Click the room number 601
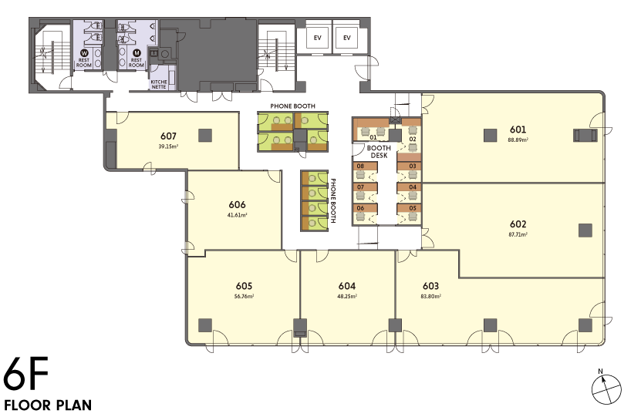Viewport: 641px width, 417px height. point(518,129)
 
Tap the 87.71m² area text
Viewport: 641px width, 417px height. point(518,234)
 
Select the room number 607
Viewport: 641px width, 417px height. point(168,136)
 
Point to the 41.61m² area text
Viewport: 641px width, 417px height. point(237,215)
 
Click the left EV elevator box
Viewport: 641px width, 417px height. point(318,38)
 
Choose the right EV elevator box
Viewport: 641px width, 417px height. point(347,38)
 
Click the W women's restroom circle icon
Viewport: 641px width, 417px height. point(84,52)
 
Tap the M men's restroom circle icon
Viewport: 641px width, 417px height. point(137,52)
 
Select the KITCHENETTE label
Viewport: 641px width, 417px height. point(159,84)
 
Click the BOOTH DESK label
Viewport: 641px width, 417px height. point(379,152)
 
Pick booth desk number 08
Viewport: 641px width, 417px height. point(360,166)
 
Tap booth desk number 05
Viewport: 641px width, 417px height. point(413,208)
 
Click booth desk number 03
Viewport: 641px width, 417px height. point(413,166)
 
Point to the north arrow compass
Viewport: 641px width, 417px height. point(606,388)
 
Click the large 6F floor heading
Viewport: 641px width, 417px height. point(26,373)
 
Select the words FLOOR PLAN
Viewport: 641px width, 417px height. point(48,405)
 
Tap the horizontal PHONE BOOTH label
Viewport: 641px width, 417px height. point(292,106)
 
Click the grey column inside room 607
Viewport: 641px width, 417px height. point(205,135)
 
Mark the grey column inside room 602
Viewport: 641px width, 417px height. point(585,230)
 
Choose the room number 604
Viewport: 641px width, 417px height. point(346,286)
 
